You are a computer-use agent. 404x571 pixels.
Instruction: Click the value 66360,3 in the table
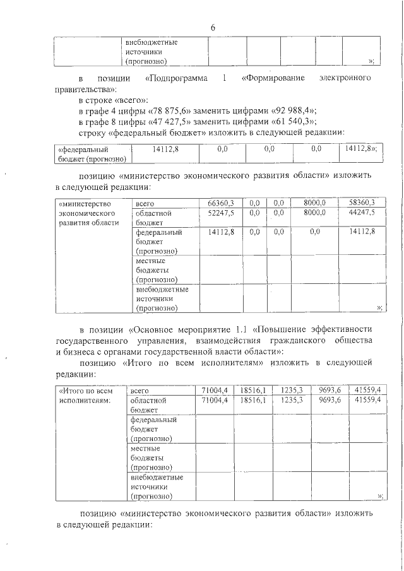click(221, 203)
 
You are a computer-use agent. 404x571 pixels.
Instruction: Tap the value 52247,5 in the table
click(221, 213)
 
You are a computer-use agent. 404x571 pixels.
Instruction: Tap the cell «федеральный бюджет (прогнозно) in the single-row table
click(92, 154)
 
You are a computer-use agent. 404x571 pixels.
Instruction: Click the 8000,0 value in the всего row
click(314, 203)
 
